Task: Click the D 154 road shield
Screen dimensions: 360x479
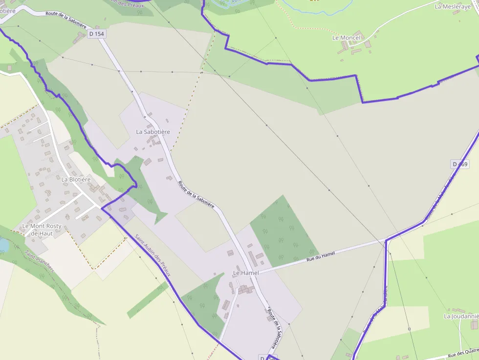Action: coord(97,34)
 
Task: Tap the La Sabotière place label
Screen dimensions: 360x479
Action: coord(153,132)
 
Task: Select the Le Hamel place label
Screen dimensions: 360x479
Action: coord(246,273)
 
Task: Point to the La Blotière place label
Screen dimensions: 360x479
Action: coord(76,179)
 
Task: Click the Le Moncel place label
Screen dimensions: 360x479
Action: coord(346,38)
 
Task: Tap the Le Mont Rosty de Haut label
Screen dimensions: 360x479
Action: coord(42,230)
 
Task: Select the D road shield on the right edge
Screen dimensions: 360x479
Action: coord(460,164)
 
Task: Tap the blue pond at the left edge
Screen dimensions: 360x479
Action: coord(3,245)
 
